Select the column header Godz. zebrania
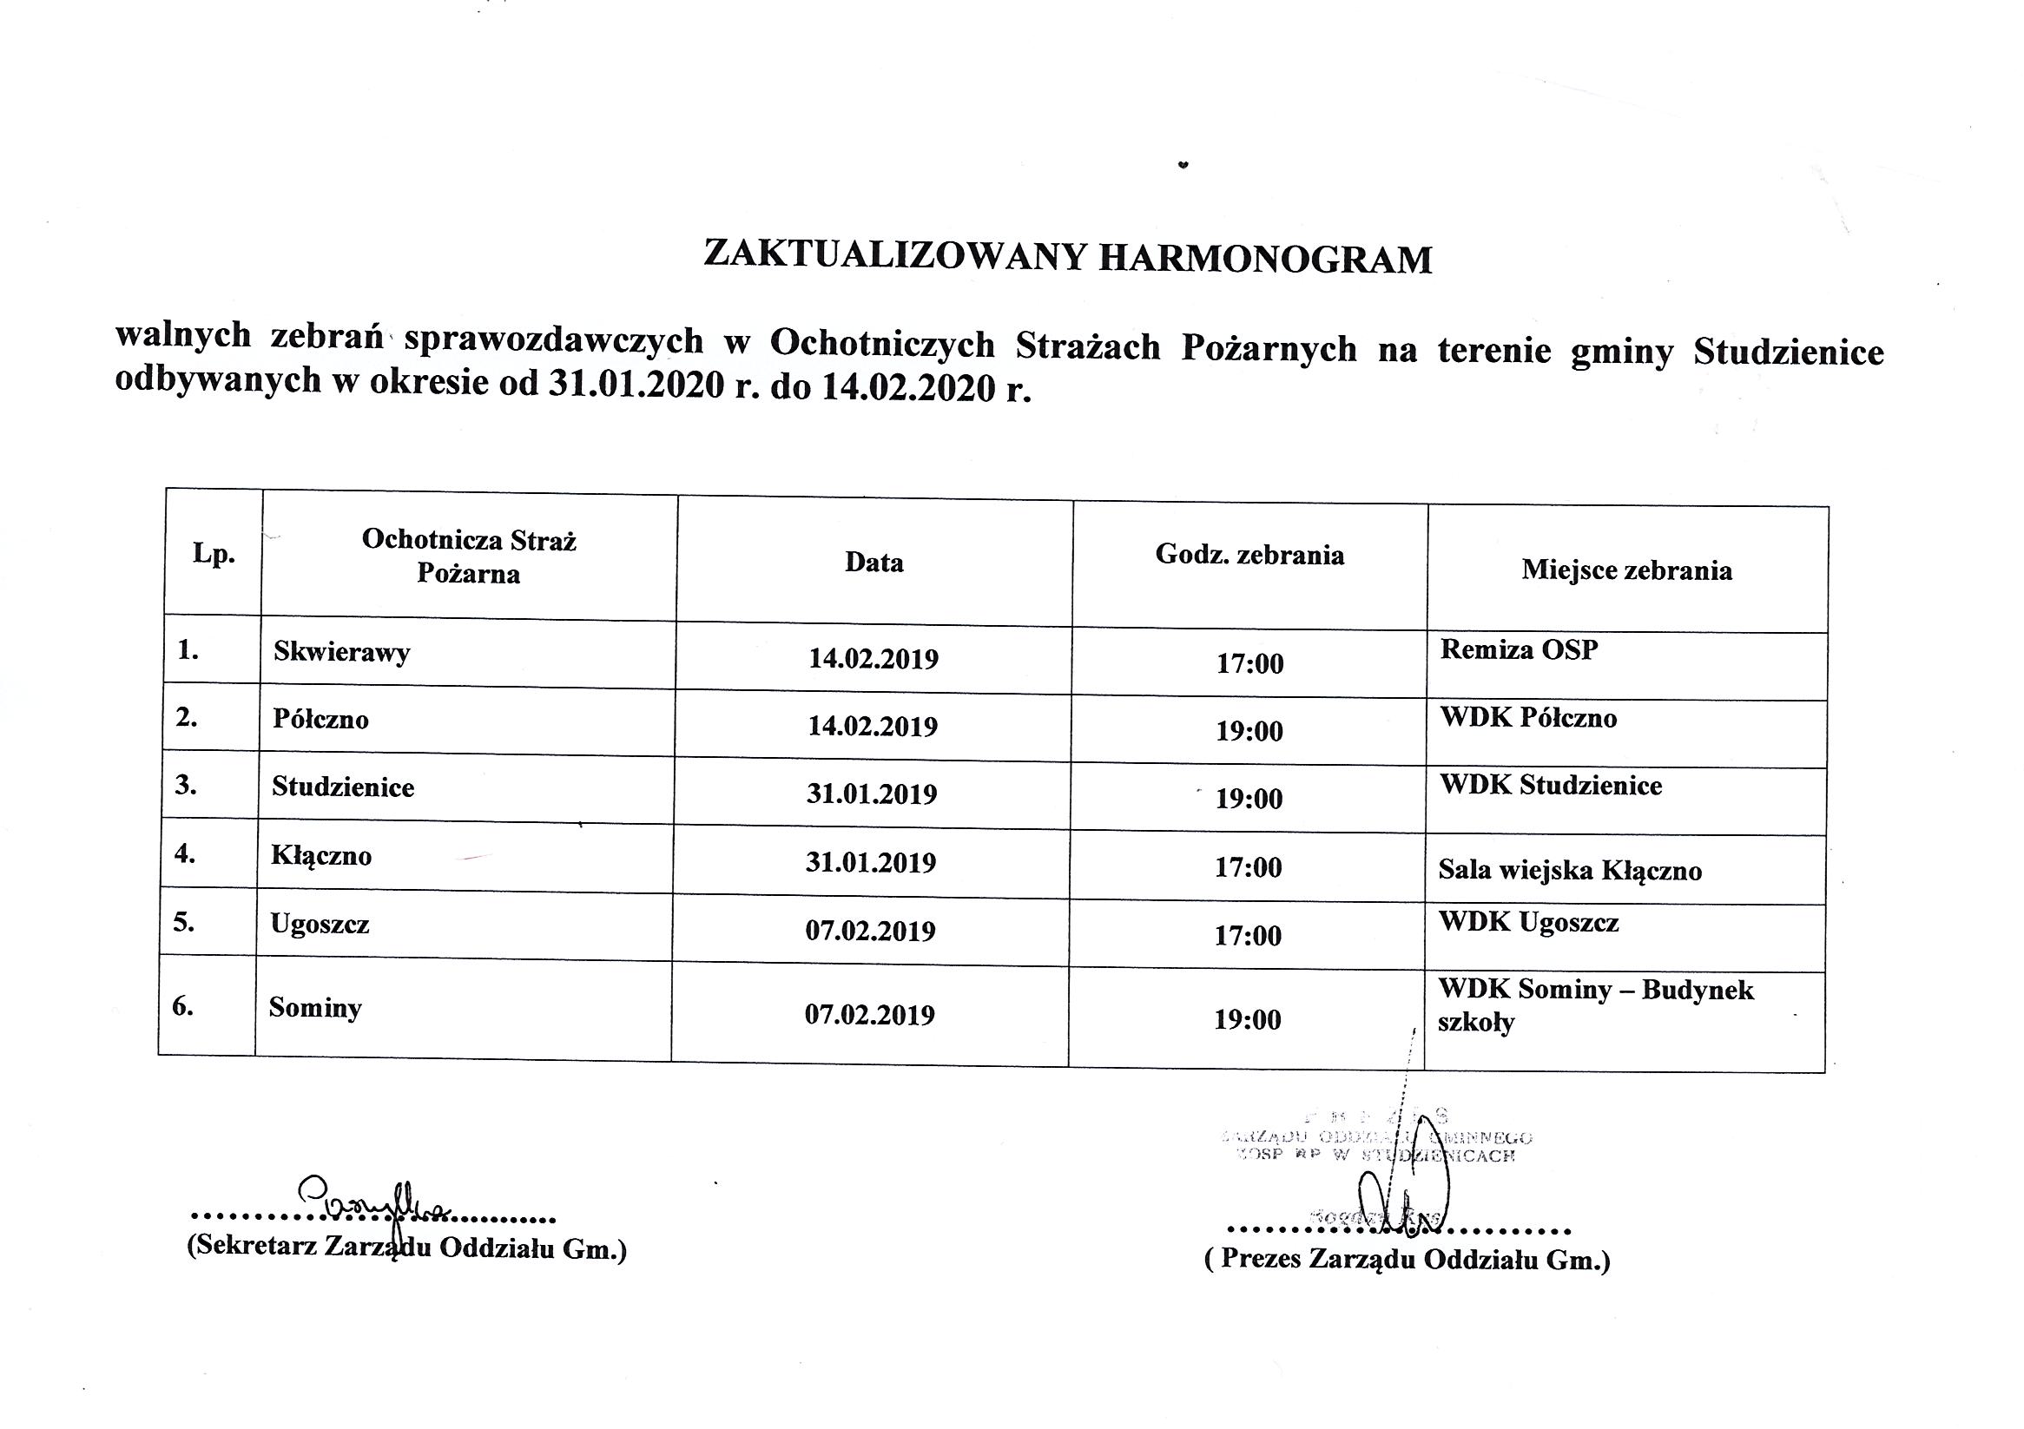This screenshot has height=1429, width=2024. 1249,555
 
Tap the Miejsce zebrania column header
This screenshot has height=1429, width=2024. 1626,570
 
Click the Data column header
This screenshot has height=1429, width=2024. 874,563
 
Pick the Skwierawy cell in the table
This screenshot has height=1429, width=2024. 341,652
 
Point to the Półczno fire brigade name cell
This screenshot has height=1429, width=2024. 321,720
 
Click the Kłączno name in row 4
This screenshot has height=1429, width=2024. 321,856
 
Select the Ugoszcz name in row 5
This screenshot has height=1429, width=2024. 320,924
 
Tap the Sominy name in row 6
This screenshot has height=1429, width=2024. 314,1008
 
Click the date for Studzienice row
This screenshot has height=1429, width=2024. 871,794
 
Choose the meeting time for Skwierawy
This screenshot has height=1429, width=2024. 1249,663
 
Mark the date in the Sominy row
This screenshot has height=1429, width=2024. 869,1015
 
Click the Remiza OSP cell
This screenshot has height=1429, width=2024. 1519,649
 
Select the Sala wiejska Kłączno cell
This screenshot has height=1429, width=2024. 1569,871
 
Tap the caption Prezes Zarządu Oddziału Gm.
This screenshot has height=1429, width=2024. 1407,1259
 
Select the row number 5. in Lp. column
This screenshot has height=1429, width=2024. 184,922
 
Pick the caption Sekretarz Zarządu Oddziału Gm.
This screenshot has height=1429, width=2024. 406,1248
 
